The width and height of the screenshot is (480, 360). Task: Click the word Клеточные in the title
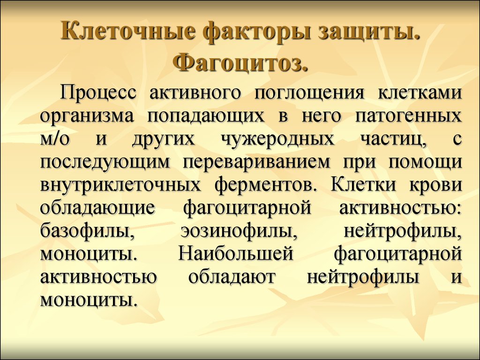(x=128, y=32)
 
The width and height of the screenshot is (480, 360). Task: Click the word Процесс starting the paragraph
(x=98, y=92)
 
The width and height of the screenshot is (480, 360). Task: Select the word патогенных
(x=408, y=116)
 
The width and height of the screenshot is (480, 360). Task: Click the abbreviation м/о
(x=55, y=138)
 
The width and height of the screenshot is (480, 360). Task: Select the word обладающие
(x=97, y=208)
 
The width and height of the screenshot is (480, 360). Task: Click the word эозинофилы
(x=239, y=231)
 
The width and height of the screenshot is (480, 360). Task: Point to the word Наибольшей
(x=236, y=254)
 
